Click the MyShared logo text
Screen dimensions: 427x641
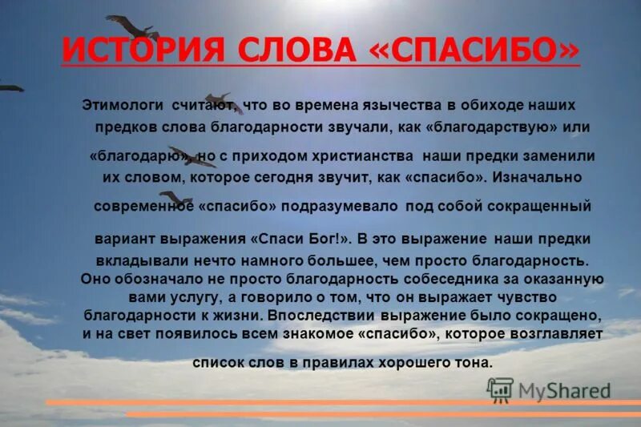pos(565,390)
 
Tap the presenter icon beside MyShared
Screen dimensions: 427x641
pos(500,389)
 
